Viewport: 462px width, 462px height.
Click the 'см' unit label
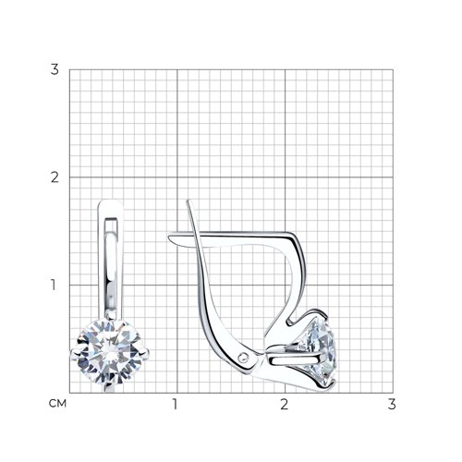(57, 404)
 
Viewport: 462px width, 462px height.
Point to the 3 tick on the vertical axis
(55, 69)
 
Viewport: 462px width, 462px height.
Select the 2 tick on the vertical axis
(55, 177)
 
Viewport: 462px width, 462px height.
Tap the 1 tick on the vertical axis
(54, 285)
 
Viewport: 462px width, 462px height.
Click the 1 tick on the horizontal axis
(176, 404)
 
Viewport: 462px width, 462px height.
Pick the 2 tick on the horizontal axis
(284, 404)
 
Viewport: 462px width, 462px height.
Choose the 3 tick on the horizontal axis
(392, 404)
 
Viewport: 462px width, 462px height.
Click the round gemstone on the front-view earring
(109, 352)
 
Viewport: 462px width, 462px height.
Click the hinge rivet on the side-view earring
(244, 358)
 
